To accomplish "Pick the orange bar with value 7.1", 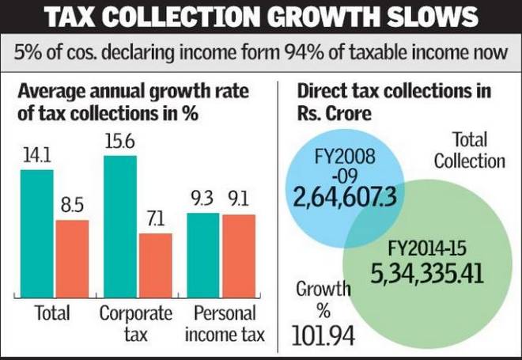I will click(x=155, y=261).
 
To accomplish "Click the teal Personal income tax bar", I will click(x=202, y=252).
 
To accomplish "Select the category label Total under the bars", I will click(x=53, y=313).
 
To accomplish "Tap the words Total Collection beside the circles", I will click(x=468, y=151).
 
